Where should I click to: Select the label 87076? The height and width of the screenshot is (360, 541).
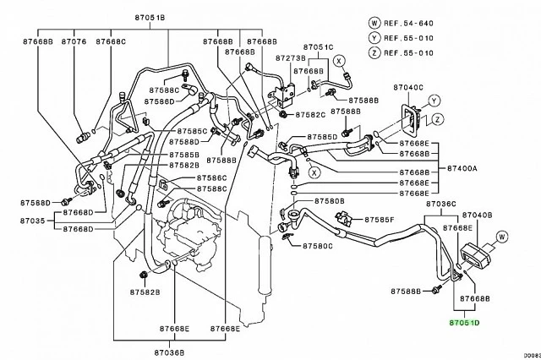click(x=75, y=41)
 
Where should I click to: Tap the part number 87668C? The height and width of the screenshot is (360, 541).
click(x=111, y=41)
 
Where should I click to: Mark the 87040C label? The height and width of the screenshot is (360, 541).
click(x=411, y=87)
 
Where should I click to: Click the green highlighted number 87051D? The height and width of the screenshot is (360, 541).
click(x=462, y=323)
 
